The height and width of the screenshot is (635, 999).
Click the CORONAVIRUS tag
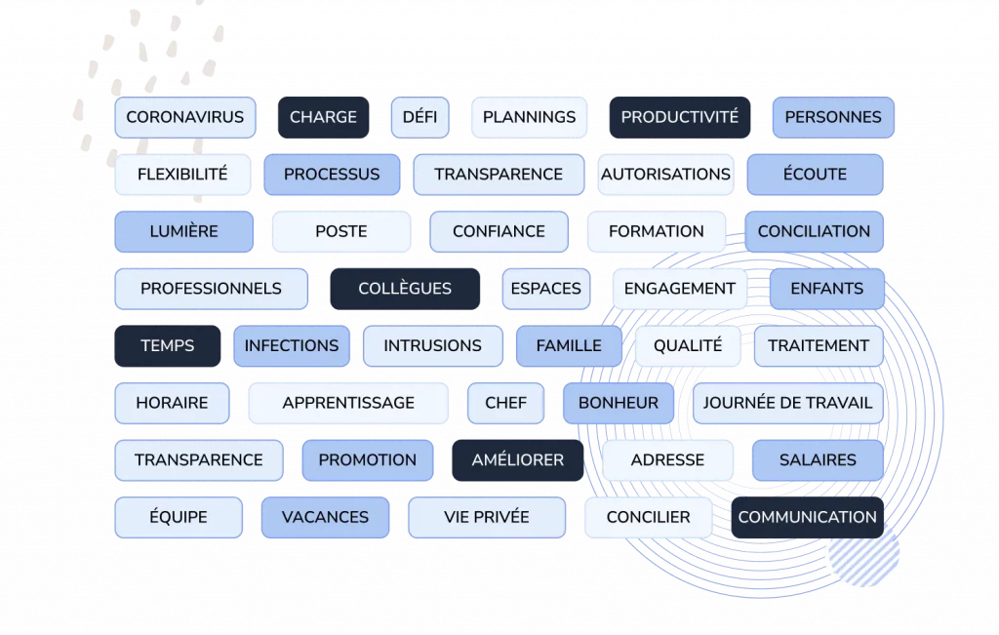click(185, 117)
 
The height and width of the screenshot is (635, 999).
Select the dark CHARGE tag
click(323, 117)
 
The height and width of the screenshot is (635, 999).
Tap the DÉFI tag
click(420, 117)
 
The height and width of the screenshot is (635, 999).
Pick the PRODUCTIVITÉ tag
click(679, 117)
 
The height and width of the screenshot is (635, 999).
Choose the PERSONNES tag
click(833, 117)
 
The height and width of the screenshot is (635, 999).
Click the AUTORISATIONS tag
click(665, 175)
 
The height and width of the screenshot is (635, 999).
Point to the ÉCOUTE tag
click(815, 175)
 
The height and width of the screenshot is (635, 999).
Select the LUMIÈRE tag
click(184, 232)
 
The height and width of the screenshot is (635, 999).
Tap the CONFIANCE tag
click(499, 232)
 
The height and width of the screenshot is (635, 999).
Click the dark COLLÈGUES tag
click(405, 289)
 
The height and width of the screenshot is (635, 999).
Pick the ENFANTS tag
click(826, 289)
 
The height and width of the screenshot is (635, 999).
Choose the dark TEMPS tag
click(168, 346)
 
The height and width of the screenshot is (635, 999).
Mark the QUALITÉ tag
click(688, 346)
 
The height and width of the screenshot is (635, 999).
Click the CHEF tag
click(505, 403)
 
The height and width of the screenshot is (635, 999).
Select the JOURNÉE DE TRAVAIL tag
click(787, 403)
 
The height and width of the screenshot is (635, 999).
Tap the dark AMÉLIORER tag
click(517, 460)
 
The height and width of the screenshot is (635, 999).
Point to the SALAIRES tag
click(818, 460)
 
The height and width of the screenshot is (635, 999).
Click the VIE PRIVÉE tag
click(487, 517)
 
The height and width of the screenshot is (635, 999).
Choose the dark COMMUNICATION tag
click(807, 517)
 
